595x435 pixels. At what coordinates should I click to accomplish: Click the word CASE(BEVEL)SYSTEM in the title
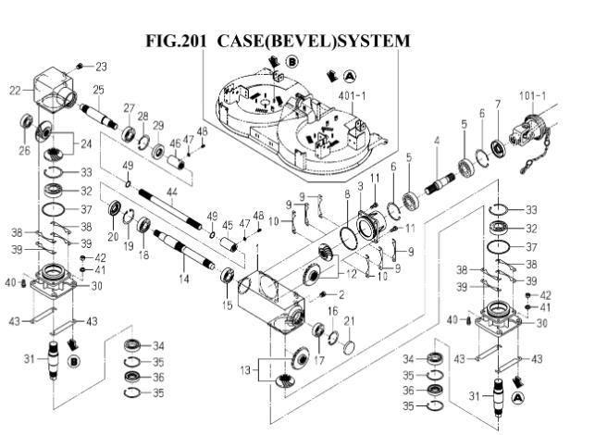(314, 42)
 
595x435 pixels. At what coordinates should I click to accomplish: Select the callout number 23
(101, 67)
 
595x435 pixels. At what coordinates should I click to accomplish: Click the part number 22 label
(15, 90)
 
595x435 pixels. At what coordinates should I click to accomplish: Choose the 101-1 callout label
(532, 95)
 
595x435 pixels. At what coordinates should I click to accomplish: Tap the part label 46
(175, 143)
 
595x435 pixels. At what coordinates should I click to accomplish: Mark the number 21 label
(349, 320)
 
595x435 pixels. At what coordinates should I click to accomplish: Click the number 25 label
(98, 90)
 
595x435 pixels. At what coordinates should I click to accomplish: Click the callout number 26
(25, 151)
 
